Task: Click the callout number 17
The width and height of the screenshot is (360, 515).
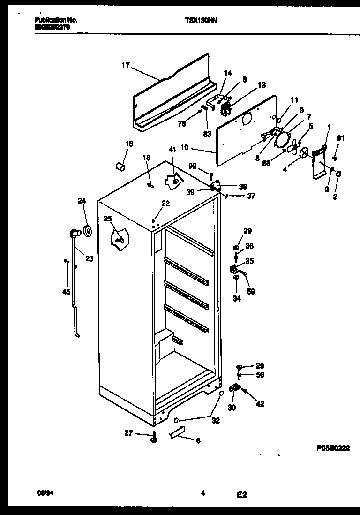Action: [x=125, y=65]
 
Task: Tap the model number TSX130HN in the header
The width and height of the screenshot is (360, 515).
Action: [x=199, y=21]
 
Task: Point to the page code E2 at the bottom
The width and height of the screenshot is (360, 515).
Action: [x=241, y=494]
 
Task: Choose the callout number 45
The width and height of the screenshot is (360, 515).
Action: [x=66, y=292]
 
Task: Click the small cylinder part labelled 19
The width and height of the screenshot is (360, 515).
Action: [x=120, y=166]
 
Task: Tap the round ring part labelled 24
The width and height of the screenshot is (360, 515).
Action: [x=87, y=230]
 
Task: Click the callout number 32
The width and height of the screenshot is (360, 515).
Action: [x=216, y=421]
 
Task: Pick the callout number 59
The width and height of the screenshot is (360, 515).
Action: [x=252, y=291]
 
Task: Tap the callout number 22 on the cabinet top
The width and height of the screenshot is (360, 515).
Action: [x=165, y=203]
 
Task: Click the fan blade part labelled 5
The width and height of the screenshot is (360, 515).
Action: [x=294, y=146]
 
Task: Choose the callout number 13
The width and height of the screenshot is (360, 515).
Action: [x=261, y=85]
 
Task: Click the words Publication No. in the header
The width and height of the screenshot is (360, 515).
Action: [x=55, y=20]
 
